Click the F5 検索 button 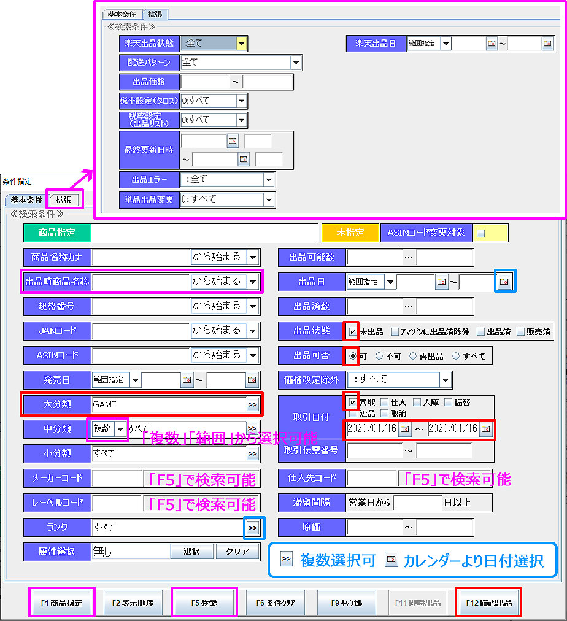(x=204, y=603)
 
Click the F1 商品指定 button (x=62, y=603)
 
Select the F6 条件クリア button (x=276, y=603)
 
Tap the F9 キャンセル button (x=347, y=603)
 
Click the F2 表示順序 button (x=133, y=603)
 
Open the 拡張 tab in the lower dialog (x=64, y=199)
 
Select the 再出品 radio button (x=412, y=356)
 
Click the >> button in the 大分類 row (x=252, y=404)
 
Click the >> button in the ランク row (x=252, y=527)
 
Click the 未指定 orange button (x=350, y=233)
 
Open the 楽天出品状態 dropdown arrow (x=242, y=44)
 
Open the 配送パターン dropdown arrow (x=296, y=63)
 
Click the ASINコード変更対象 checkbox (x=480, y=233)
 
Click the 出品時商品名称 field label (x=57, y=282)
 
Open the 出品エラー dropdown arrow (x=268, y=180)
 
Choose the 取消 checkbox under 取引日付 (x=385, y=414)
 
